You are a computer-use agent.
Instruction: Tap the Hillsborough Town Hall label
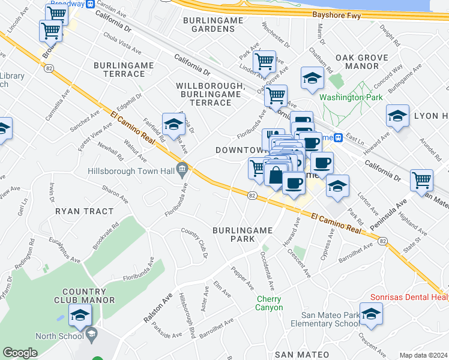(131, 171)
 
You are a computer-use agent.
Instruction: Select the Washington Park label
(351, 97)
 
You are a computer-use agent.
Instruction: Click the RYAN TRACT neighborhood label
(84, 211)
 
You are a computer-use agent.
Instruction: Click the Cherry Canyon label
(270, 303)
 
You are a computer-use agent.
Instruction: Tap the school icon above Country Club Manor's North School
(80, 315)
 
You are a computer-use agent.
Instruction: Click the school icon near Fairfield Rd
(173, 124)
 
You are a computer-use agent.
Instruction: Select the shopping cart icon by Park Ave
(264, 61)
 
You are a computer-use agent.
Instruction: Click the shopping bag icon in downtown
(275, 176)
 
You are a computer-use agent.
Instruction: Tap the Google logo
(20, 353)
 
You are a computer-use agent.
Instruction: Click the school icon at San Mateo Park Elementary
(371, 314)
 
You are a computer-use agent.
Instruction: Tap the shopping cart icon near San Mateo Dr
(421, 179)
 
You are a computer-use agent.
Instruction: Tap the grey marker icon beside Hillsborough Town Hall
(181, 167)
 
